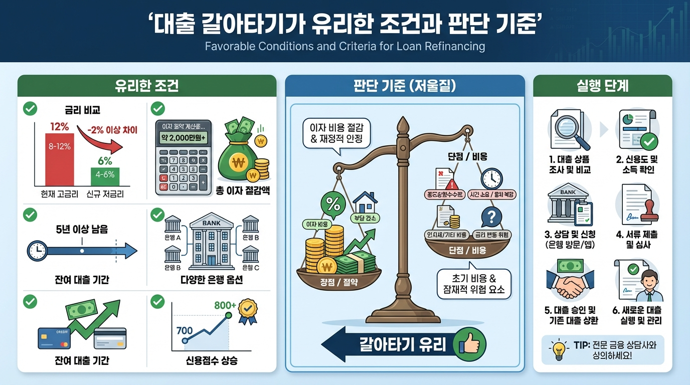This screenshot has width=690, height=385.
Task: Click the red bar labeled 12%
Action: tap(60, 159)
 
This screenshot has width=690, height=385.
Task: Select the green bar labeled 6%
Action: tap(105, 176)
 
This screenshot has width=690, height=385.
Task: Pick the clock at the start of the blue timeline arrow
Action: tap(37, 251)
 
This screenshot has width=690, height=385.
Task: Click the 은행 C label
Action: tap(250, 268)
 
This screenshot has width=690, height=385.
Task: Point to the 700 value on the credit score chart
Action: tap(185, 329)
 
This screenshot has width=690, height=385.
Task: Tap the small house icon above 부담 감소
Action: tap(365, 202)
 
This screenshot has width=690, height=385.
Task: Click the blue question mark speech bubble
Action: tap(492, 218)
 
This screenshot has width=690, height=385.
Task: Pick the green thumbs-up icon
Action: tap(469, 345)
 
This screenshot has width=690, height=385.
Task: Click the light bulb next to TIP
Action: tap(558, 349)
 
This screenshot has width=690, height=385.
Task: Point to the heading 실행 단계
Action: tap(602, 86)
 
